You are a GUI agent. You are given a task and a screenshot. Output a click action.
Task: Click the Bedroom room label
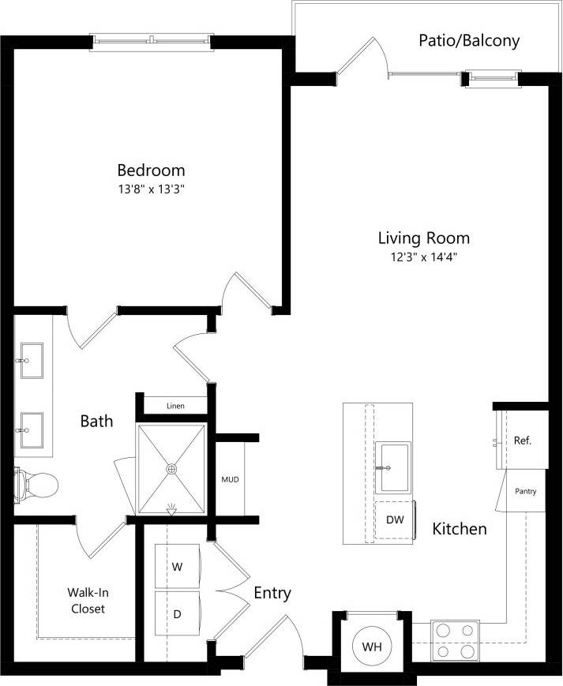coord(151,170)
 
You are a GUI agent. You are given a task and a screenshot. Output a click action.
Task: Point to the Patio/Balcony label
coord(469,41)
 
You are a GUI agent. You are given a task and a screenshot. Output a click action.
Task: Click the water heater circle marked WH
coord(372,647)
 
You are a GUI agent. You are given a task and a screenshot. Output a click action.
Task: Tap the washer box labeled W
coord(178,566)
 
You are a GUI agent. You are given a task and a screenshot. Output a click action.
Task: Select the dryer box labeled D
coord(178,613)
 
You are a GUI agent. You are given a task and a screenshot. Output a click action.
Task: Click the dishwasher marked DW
coord(395,519)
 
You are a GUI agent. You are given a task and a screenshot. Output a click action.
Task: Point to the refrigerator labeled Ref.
coord(522,440)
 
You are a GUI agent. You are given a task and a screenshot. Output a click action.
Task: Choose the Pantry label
coord(525,491)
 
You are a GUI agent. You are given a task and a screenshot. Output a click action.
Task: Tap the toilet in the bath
coord(36,481)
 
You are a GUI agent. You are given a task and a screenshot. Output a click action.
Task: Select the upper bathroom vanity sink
coord(32,359)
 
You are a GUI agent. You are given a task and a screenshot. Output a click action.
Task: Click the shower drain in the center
coord(171,469)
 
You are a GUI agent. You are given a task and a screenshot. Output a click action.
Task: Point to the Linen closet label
coord(175,406)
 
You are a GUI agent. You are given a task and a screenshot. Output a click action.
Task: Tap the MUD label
coord(230,478)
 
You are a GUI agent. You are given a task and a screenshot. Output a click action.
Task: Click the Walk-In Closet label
coord(88,600)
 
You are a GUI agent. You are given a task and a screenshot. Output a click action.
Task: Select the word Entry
coord(272,593)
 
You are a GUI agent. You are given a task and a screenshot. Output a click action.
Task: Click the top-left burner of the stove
coord(444,630)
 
